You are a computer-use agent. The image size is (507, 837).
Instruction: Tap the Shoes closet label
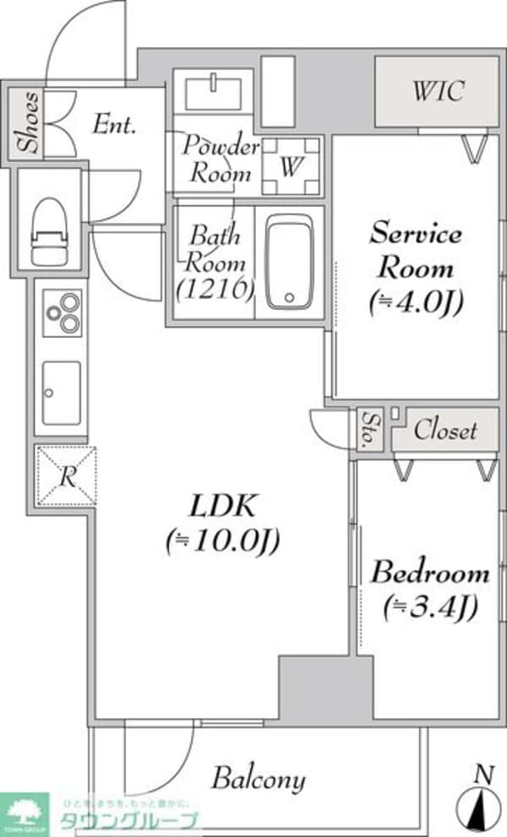pyautogui.click(x=30, y=123)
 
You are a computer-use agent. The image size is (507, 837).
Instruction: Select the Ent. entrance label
pyautogui.click(x=114, y=127)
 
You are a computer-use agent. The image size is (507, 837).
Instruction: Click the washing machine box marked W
pyautogui.click(x=290, y=166)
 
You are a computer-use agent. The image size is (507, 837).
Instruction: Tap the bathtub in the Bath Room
pyautogui.click(x=289, y=262)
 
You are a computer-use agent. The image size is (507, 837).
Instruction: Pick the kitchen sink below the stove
pyautogui.click(x=62, y=390)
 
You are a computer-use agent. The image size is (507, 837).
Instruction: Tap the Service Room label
pyautogui.click(x=416, y=251)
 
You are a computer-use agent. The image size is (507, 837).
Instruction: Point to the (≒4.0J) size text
pyautogui.click(x=416, y=300)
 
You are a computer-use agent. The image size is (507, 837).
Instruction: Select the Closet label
pyautogui.click(x=445, y=431)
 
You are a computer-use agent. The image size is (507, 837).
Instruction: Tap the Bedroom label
pyautogui.click(x=430, y=573)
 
